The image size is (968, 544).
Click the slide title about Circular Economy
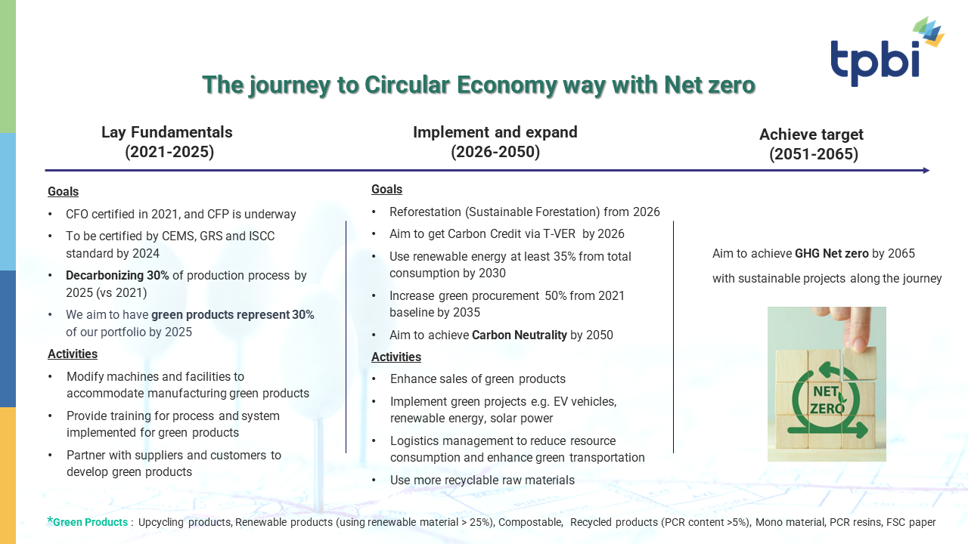coord(479,85)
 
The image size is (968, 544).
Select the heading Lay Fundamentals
coord(167,132)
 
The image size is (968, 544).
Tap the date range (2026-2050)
coord(495,152)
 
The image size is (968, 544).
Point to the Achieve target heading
coord(811,134)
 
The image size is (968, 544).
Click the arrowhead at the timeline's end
coord(926,171)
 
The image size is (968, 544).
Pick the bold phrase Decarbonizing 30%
coord(117,276)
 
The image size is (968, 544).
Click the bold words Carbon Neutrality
coord(519,335)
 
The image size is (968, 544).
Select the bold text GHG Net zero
coord(831,253)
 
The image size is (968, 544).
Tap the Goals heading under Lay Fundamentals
coord(63,191)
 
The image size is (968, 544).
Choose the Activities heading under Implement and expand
coord(396,357)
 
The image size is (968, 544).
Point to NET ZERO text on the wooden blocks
coord(827,400)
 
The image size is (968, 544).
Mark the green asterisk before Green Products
coord(50,521)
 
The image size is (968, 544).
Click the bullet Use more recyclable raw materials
coord(482,480)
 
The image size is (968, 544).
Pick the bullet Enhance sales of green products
coord(477,379)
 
